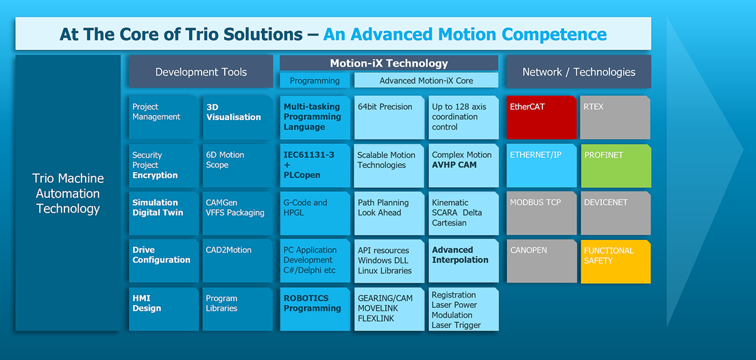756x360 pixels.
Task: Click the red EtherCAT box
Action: point(541,117)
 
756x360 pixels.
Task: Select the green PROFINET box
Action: point(615,165)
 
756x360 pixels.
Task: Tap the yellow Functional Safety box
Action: point(615,261)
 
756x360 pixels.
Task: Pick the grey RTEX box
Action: point(615,117)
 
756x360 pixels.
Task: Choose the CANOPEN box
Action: point(541,261)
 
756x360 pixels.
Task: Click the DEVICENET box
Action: point(615,213)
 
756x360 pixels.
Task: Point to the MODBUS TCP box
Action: point(541,213)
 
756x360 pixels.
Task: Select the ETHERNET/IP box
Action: point(541,165)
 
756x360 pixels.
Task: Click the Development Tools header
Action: point(201,72)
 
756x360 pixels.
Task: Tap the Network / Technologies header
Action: point(578,72)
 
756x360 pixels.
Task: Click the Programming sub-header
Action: point(315,81)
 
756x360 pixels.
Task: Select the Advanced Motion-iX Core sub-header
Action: point(426,81)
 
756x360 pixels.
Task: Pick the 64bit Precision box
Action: point(389,117)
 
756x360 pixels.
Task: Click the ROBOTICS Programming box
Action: point(315,309)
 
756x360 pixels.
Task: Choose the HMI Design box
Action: point(163,309)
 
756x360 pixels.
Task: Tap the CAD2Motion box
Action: point(238,261)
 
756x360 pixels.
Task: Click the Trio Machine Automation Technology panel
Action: point(68,193)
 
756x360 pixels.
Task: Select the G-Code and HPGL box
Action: point(315,213)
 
